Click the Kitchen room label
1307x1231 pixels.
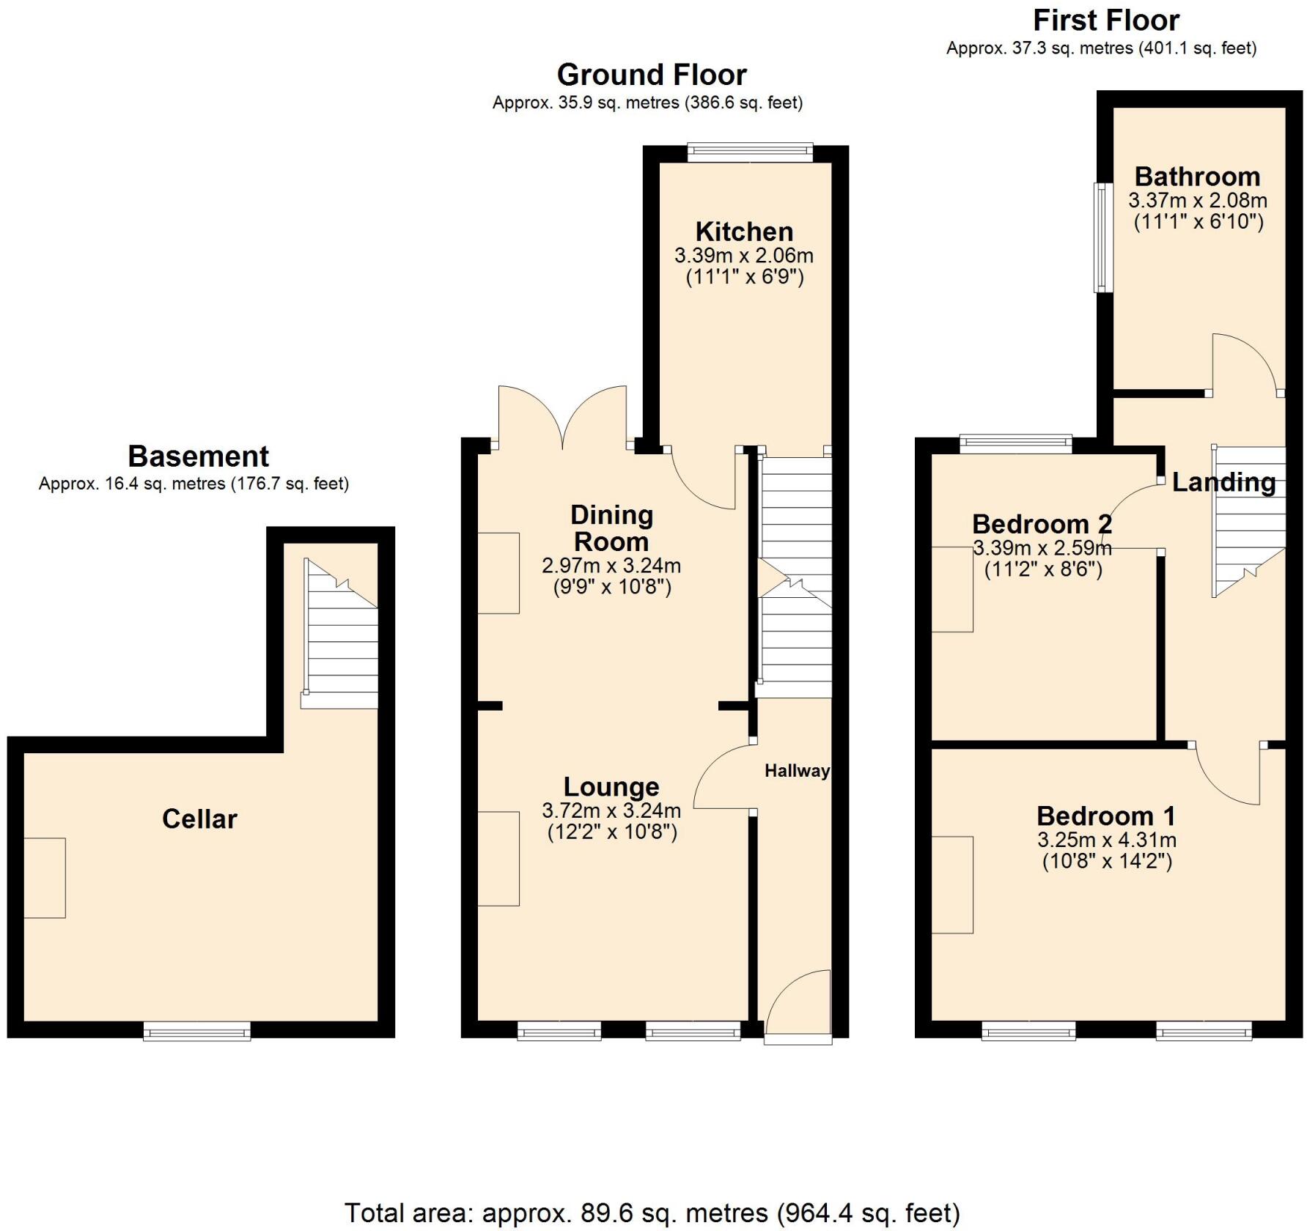[x=744, y=232]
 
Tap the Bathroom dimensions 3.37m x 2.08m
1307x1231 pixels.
[x=1197, y=200]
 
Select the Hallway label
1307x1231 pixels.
[x=797, y=770]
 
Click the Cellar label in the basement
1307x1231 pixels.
[x=199, y=818]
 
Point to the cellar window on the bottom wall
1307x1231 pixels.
[x=197, y=1032]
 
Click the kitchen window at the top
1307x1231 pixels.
[x=750, y=152]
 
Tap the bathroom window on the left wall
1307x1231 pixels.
[x=1102, y=237]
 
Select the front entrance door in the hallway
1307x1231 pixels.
[x=798, y=1008]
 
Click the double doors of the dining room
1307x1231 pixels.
[x=562, y=418]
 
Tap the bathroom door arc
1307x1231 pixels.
[x=1245, y=363]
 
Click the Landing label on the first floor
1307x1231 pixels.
[x=1223, y=481]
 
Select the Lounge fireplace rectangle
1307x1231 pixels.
[x=498, y=858]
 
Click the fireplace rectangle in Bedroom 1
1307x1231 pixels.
[x=952, y=884]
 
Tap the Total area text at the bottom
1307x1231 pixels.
[x=652, y=1213]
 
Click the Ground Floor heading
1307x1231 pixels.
[x=651, y=75]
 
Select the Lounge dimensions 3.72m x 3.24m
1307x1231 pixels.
[x=611, y=810]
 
